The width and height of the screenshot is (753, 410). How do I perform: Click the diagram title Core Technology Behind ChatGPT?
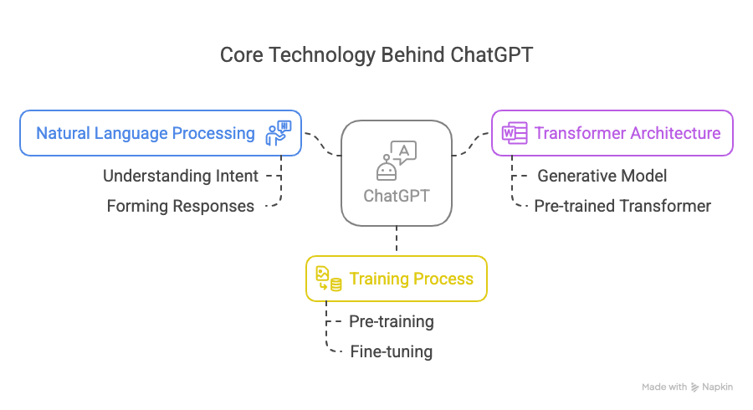tap(376, 55)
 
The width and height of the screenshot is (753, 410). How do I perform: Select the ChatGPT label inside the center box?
tap(396, 195)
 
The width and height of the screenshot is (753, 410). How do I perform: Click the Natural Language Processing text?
tap(145, 133)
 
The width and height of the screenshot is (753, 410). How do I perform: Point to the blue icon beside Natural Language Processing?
tap(279, 133)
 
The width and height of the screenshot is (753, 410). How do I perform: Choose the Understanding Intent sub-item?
tap(181, 176)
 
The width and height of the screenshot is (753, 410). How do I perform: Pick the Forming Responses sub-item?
tap(181, 206)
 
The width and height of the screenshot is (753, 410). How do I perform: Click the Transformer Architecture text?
tap(627, 133)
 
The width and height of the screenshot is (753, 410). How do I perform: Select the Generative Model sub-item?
tap(602, 176)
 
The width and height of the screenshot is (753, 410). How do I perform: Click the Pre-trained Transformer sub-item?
tap(622, 206)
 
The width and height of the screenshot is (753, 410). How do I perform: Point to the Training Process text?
tap(411, 279)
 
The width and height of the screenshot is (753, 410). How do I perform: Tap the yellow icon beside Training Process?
tap(328, 279)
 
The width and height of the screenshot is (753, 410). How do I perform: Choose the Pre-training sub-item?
tap(391, 321)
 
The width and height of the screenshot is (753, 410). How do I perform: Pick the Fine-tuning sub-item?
tap(391, 351)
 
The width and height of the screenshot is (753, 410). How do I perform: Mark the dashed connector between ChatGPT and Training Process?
tap(396, 240)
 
